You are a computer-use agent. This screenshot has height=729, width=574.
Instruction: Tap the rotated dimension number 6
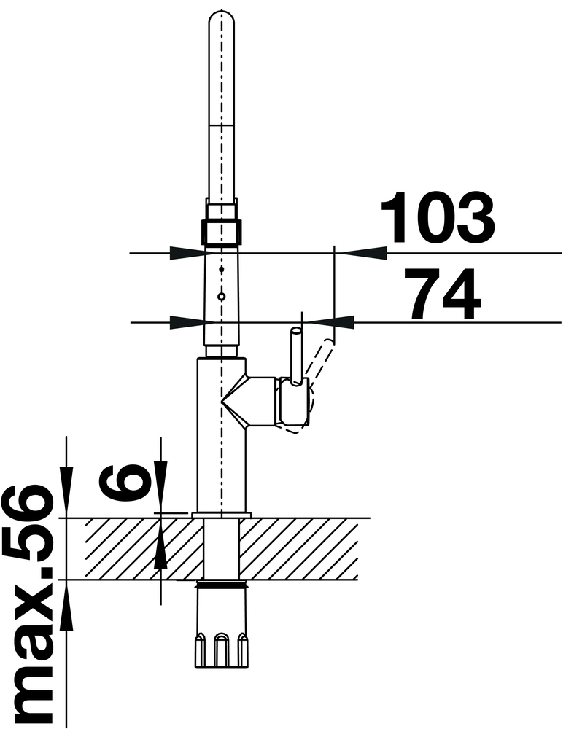pos(125,482)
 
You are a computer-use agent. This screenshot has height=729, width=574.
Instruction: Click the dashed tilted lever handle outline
pos(322,362)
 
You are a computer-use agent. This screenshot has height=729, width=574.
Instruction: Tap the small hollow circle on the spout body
pos(222,296)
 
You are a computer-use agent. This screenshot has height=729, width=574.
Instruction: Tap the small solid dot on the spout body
pos(222,269)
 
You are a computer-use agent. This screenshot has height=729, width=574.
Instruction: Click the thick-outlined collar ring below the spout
pos(221,232)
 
